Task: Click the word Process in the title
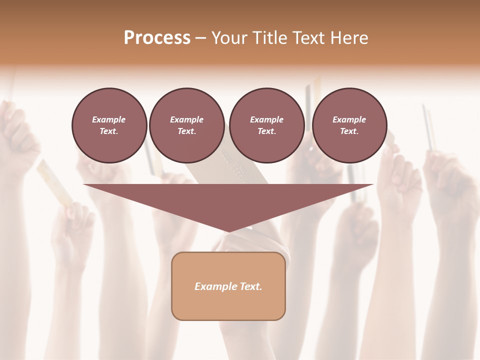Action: coord(157,37)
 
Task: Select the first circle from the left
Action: coord(109,125)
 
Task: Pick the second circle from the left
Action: coord(186,125)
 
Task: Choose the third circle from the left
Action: coord(266,125)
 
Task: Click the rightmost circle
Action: coord(349,125)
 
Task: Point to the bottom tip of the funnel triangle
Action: coord(228,231)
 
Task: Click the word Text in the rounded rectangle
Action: coord(250,286)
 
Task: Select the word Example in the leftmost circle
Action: coord(109,119)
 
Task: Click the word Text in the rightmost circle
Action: coord(349,131)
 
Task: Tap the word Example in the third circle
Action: coord(266,119)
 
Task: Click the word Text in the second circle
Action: coord(186,131)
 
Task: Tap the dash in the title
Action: coord(201,38)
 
